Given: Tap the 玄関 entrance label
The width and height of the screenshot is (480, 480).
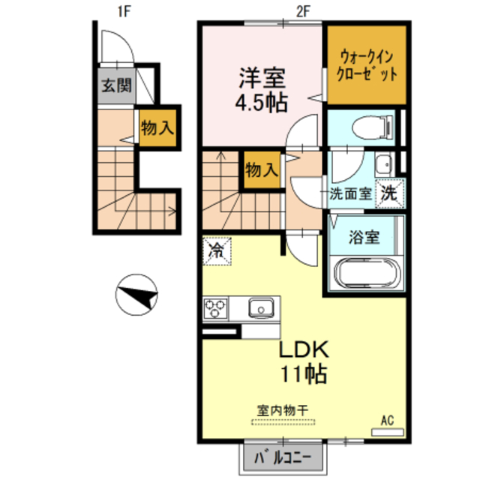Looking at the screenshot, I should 115,84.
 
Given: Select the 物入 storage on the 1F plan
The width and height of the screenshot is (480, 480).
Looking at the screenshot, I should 156,128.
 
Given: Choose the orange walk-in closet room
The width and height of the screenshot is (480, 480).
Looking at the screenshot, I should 366,66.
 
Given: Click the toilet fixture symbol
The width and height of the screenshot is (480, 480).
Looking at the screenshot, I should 373,125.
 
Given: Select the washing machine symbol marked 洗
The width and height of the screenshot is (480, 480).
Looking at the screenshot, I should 388,192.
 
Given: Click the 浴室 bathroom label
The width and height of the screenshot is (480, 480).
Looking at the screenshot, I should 365,238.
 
